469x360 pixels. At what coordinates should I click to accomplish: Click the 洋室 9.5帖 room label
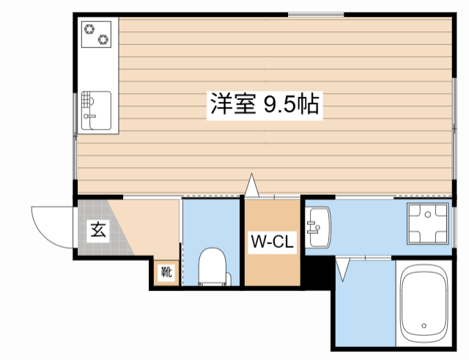click(265, 104)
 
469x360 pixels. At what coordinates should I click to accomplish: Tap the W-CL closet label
click(272, 242)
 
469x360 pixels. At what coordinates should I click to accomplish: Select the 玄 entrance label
click(98, 230)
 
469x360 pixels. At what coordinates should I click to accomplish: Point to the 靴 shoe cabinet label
click(166, 272)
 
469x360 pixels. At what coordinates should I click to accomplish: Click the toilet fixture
click(213, 267)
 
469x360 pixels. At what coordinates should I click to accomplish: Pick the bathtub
click(424, 304)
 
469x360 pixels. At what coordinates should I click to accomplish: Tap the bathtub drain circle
click(424, 326)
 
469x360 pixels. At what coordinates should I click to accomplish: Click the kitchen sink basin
click(96, 111)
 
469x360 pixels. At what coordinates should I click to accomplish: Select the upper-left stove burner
click(89, 29)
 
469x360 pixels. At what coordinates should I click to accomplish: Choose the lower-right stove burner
click(103, 39)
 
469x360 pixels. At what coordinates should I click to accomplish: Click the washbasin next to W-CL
click(320, 227)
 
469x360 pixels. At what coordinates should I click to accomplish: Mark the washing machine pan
click(428, 224)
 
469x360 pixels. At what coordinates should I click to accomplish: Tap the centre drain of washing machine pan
click(428, 214)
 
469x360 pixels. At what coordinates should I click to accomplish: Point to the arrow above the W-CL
click(252, 185)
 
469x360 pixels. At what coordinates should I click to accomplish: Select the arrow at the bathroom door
click(342, 270)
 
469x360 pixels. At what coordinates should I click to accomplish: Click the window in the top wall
click(316, 14)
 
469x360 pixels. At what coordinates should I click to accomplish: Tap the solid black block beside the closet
click(317, 273)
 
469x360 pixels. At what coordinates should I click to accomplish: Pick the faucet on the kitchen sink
click(89, 116)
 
